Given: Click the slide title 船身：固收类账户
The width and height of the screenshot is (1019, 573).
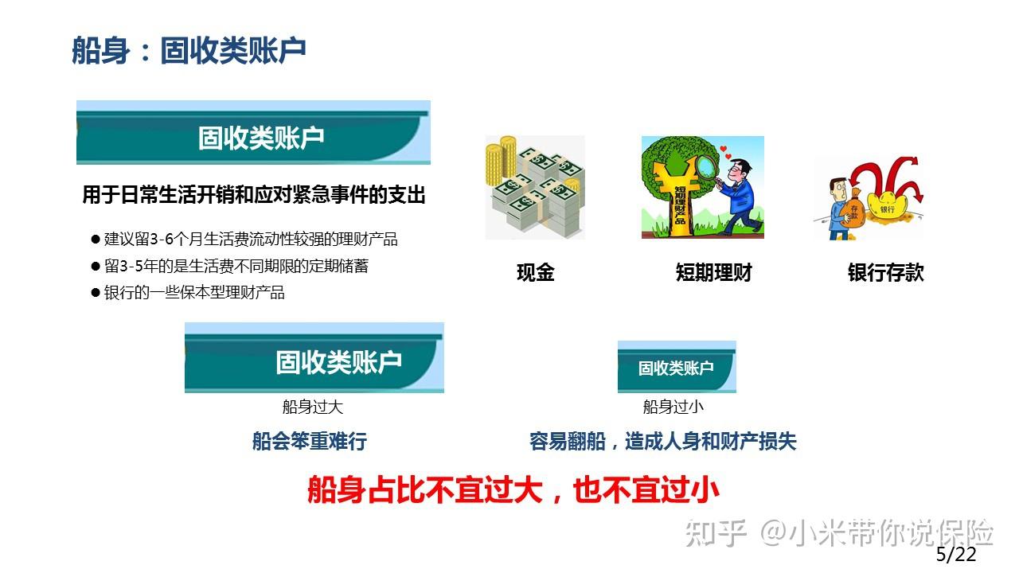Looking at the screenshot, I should click(x=189, y=51).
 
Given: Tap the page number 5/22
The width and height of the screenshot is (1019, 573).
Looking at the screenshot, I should click(x=955, y=555).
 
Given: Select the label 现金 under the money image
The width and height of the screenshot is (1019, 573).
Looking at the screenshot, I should click(x=535, y=273).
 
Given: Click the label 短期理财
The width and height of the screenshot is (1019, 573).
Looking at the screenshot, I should click(x=713, y=273).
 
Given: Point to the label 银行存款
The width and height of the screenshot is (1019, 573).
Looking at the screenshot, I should click(x=885, y=273).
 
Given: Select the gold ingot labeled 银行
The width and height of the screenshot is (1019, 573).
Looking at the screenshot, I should click(x=885, y=209).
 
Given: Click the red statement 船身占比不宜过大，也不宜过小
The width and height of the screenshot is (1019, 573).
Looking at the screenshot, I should click(x=513, y=489).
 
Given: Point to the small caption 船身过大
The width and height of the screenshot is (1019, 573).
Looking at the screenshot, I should click(x=312, y=407).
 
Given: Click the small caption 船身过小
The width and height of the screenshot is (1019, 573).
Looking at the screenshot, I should click(x=673, y=407).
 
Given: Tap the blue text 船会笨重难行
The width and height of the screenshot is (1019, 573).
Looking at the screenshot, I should click(x=309, y=442).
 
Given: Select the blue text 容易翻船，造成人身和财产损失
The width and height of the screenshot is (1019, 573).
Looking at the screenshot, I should click(x=662, y=442).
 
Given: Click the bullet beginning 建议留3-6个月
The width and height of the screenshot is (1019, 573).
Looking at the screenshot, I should click(x=250, y=240).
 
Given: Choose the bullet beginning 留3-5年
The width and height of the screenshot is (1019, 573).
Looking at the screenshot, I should click(x=236, y=266).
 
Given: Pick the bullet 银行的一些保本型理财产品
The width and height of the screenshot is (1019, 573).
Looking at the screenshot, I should click(x=193, y=292).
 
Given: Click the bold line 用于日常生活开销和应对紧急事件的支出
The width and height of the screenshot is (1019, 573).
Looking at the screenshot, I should click(x=253, y=195).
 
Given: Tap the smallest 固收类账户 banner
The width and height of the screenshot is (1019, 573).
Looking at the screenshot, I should click(x=676, y=368).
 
